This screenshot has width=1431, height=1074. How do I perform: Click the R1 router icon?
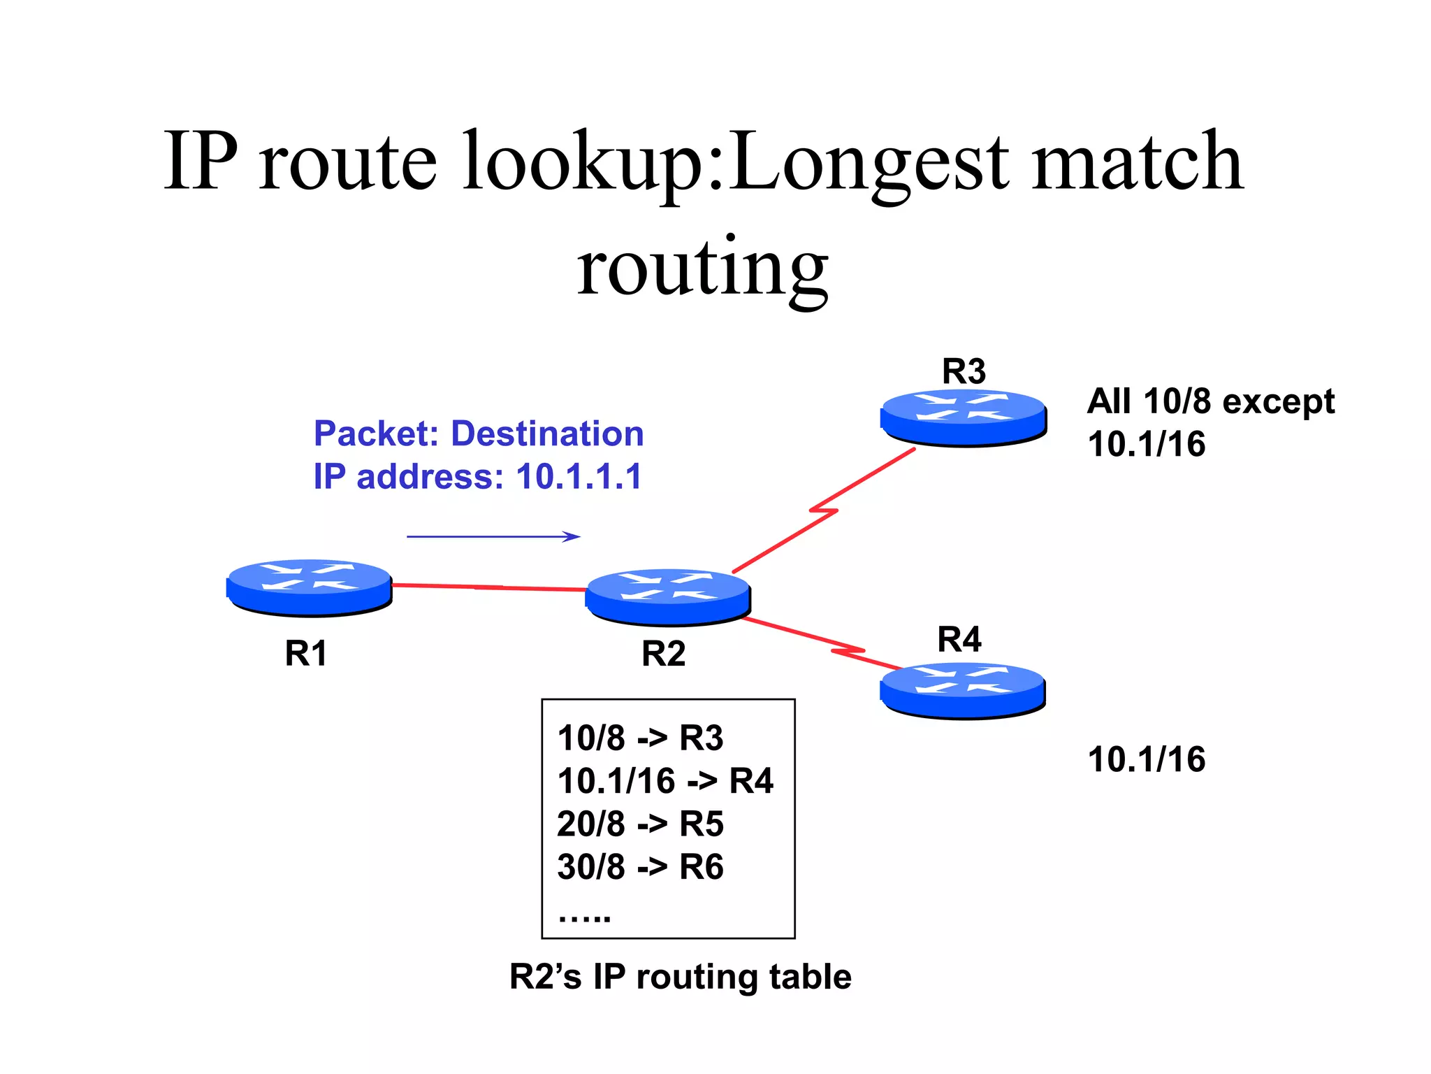click(309, 587)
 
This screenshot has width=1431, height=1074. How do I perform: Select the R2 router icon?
click(668, 596)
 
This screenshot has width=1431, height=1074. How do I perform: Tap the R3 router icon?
click(964, 417)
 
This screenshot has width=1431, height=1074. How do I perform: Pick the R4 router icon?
click(963, 689)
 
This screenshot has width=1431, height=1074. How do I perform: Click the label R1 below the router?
click(306, 654)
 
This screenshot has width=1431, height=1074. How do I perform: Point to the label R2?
click(663, 654)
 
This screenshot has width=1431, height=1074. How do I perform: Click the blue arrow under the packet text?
click(493, 536)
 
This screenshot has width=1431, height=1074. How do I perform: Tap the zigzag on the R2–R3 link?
click(825, 510)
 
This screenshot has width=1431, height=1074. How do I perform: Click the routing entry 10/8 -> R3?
click(640, 738)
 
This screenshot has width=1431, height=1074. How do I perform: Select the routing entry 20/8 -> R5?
click(640, 824)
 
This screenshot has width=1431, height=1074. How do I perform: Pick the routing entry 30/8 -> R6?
click(640, 867)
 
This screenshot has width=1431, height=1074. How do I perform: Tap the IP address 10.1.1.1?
click(579, 477)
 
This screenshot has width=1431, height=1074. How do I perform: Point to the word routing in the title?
click(702, 269)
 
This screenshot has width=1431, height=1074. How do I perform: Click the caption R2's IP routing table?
click(680, 977)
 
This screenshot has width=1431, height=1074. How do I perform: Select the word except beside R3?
click(1278, 402)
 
